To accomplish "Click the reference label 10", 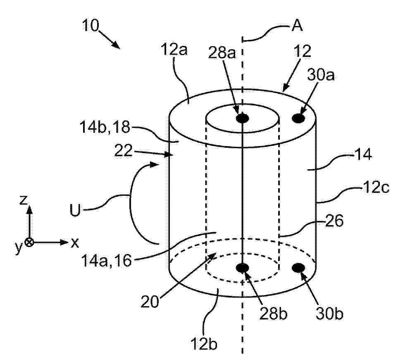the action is [91, 26].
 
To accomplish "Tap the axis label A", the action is [297, 26].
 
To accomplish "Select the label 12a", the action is [174, 49].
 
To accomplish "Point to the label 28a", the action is [222, 53].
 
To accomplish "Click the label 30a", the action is [320, 75].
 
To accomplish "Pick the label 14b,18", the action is [105, 127].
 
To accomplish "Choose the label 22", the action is [123, 151].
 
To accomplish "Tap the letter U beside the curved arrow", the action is [75, 210].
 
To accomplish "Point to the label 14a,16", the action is [106, 260].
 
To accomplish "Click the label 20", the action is [150, 302].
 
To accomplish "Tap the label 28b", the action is [273, 314].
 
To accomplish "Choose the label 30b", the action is [329, 314].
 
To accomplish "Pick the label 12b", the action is [204, 343].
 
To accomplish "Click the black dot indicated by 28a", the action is [242, 118].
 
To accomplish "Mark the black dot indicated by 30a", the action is [299, 118].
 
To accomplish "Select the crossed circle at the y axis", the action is [30, 242].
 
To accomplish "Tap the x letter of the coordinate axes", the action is [75, 242].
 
